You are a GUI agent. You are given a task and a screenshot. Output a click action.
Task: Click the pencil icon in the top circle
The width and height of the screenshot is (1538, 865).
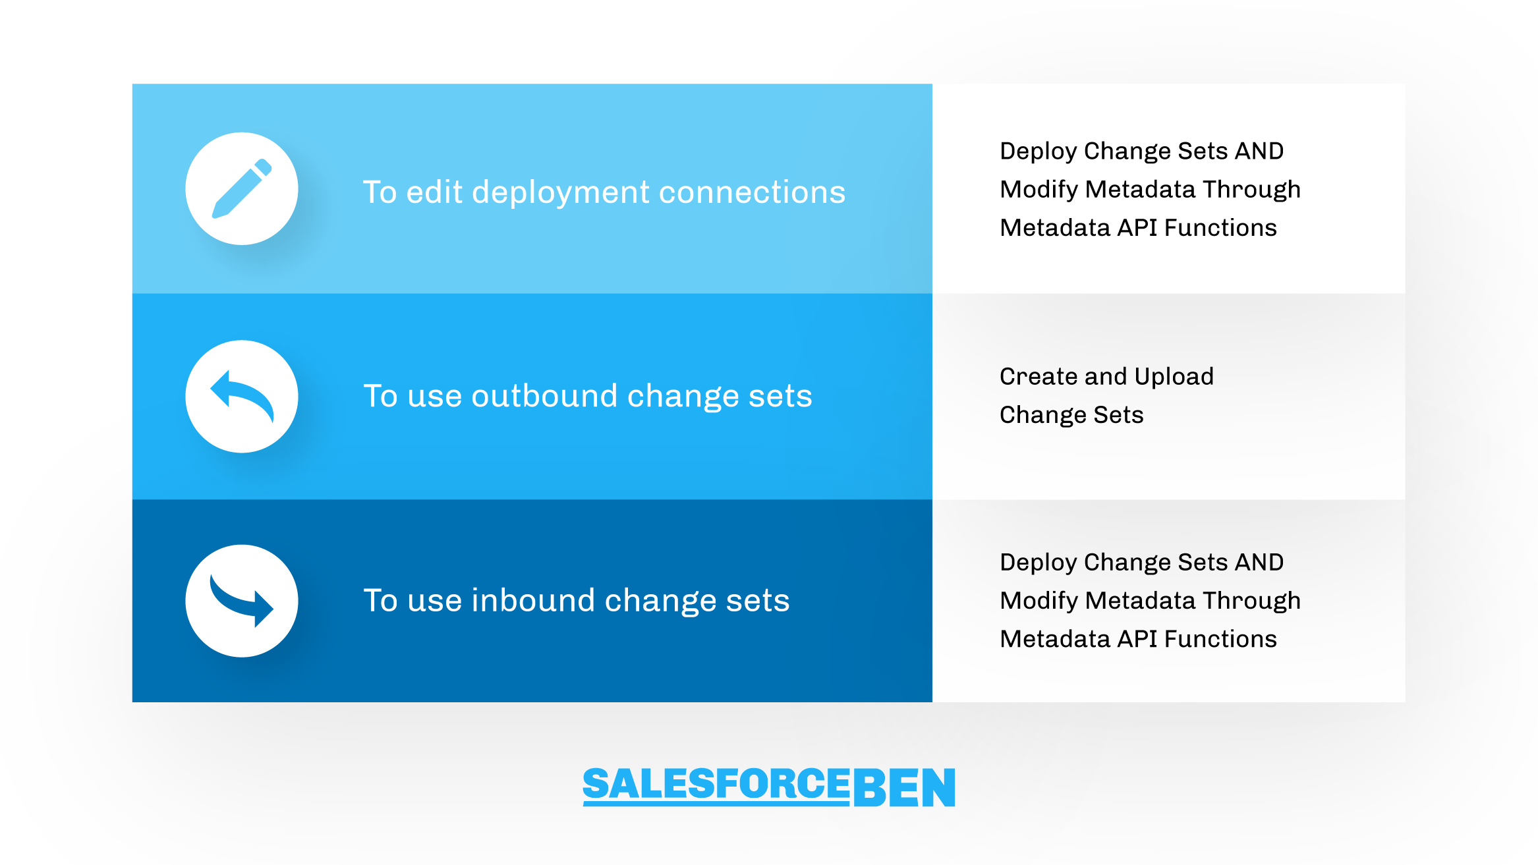pos(241,188)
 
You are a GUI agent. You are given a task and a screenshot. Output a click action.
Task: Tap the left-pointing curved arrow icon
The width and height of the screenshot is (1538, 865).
pos(241,396)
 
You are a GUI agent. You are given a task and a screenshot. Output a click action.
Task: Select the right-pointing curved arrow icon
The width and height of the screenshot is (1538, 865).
pos(241,600)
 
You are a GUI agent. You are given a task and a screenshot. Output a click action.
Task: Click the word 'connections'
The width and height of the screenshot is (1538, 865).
pos(752,192)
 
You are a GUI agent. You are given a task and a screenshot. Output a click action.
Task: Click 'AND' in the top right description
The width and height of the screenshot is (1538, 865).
pos(1259,151)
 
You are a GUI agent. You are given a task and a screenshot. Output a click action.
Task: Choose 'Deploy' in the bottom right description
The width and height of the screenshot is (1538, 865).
pos(1038,563)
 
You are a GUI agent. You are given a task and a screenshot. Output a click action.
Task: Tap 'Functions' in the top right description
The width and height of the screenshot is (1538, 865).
pos(1220,227)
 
